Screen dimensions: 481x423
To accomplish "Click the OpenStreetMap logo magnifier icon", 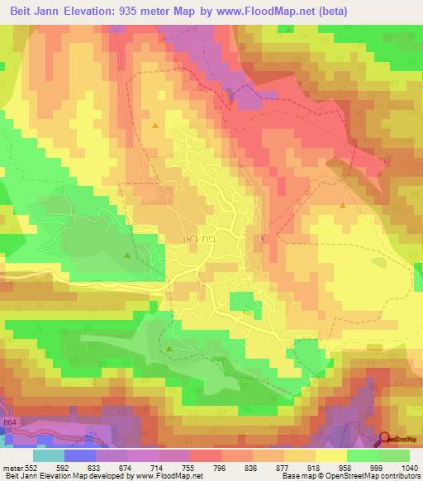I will (x=385, y=440).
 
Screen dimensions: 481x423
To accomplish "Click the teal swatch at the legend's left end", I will (x=49, y=455).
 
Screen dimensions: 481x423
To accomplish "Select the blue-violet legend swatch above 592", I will (x=80, y=455).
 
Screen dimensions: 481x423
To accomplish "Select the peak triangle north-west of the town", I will (x=155, y=125).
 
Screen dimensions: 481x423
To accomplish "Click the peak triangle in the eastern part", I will (x=342, y=205).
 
